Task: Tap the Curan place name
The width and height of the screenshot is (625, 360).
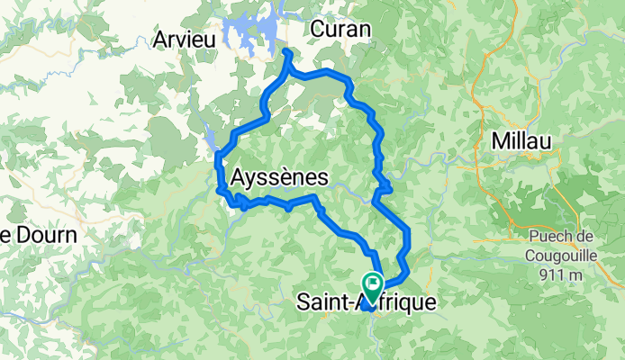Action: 340,30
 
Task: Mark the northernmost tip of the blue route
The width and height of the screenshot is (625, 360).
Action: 287,53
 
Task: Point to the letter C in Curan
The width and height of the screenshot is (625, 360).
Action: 316,30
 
